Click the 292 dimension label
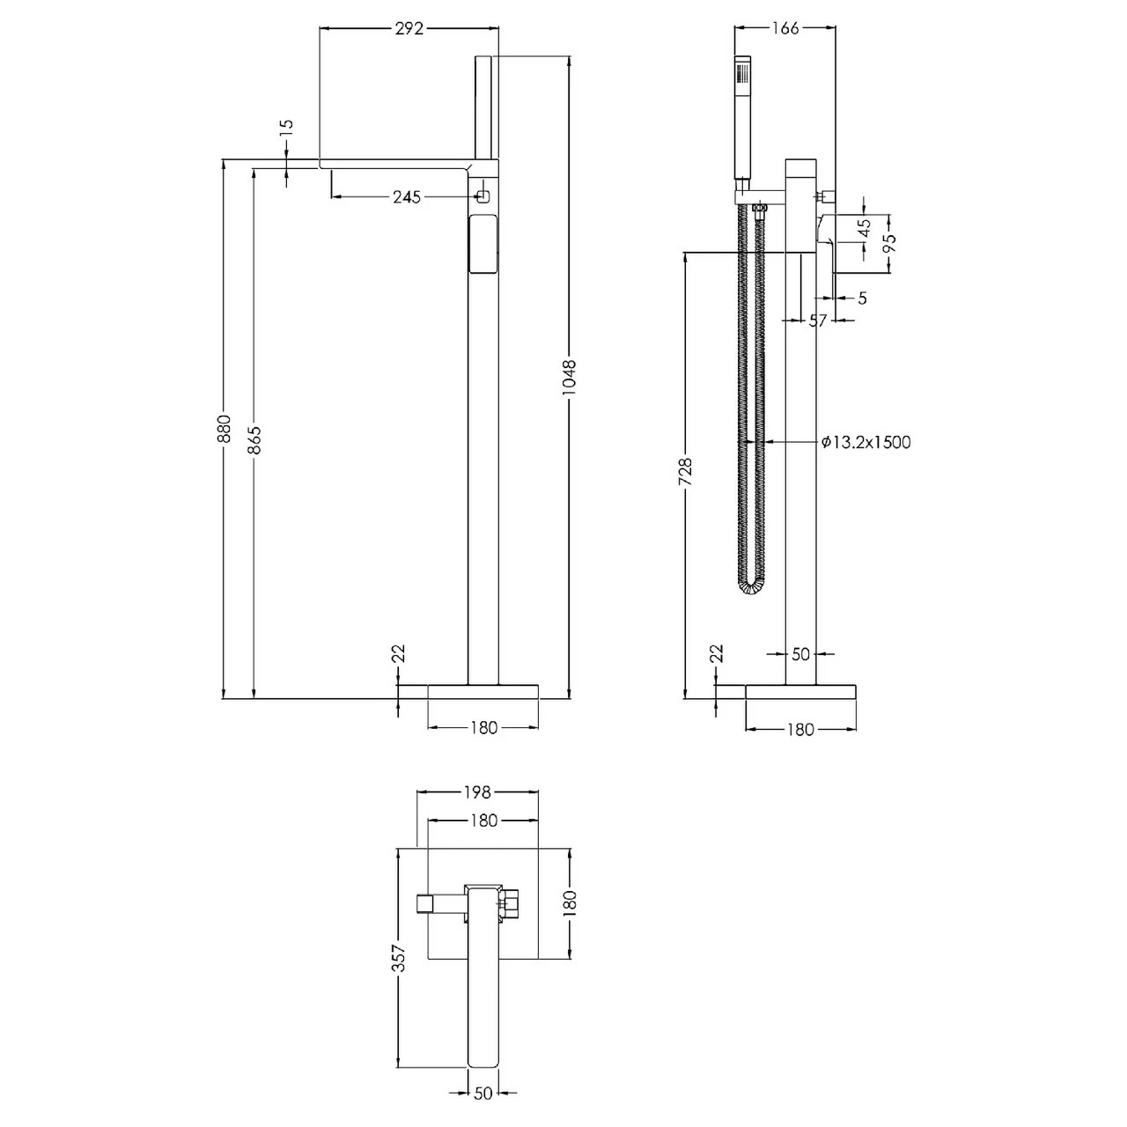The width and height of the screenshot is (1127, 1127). tap(409, 28)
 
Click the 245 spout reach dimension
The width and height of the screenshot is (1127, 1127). tap(406, 196)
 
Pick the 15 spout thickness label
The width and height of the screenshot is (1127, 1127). tap(286, 129)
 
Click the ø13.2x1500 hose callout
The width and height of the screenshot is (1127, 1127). tap(866, 442)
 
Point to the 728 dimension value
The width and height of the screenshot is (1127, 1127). tap(686, 472)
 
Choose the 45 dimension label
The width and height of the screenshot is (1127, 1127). tap(865, 226)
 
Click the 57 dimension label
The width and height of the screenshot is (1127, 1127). tap(818, 321)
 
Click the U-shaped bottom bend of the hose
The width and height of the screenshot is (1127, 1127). tap(751, 587)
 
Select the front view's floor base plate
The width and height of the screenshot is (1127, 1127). tap(482, 691)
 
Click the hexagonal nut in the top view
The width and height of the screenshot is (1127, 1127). tap(511, 902)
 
